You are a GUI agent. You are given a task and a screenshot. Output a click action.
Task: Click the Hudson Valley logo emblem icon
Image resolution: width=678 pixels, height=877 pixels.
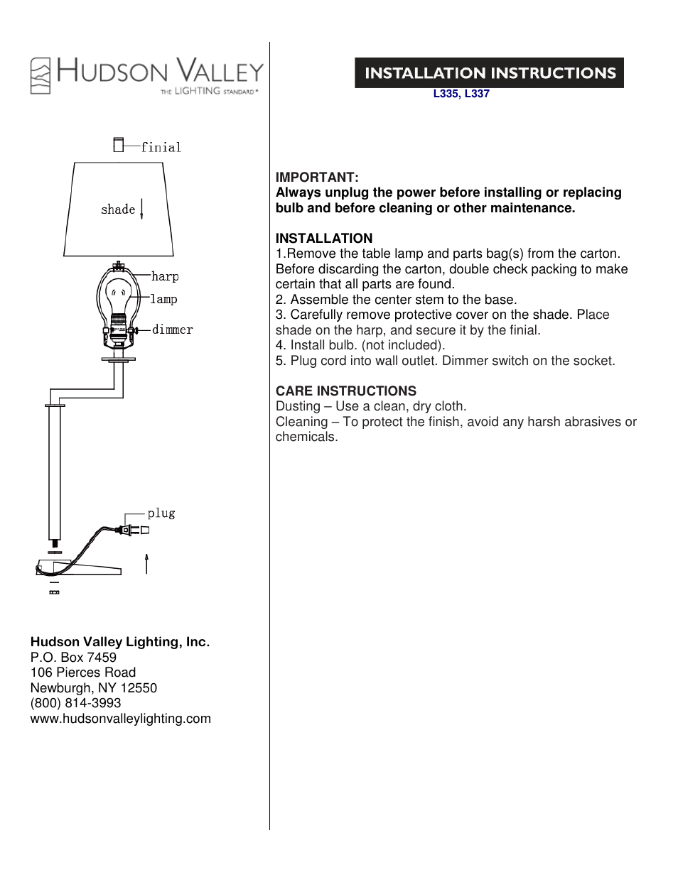click(x=41, y=76)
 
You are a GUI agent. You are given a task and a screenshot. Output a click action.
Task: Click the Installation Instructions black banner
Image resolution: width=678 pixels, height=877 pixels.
click(x=489, y=73)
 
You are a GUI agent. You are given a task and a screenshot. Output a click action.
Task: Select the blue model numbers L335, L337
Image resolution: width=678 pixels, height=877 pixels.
click(x=461, y=94)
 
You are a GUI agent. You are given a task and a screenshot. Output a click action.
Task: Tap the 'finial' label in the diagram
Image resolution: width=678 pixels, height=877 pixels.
click(x=161, y=148)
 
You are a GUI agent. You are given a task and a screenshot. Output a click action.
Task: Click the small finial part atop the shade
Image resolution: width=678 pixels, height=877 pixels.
click(x=119, y=145)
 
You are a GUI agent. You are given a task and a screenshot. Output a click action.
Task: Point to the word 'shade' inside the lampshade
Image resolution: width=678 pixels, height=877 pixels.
click(x=118, y=209)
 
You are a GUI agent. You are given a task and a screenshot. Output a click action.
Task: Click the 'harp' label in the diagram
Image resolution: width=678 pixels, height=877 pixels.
click(x=165, y=277)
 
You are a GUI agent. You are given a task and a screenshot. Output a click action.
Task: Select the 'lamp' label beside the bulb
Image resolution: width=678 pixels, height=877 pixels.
click(x=163, y=300)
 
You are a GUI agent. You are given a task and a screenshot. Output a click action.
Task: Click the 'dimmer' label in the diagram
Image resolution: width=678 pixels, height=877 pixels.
click(x=172, y=329)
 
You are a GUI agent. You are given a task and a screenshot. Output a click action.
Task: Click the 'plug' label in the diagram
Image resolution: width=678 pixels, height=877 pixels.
click(x=161, y=513)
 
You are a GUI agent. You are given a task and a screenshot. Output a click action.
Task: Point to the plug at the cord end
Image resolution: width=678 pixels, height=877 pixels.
click(x=135, y=530)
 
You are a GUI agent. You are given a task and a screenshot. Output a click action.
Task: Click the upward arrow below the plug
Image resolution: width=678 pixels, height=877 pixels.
click(x=146, y=564)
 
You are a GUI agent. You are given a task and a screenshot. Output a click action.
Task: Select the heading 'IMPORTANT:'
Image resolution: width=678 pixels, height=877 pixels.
click(x=317, y=178)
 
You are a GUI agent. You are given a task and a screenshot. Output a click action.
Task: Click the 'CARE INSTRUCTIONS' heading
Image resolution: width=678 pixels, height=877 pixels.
click(x=346, y=391)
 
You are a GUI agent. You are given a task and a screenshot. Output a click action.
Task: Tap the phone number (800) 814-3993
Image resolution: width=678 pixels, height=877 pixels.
click(x=76, y=703)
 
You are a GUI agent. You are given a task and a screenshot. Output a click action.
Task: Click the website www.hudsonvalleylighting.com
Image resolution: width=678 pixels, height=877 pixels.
click(x=121, y=719)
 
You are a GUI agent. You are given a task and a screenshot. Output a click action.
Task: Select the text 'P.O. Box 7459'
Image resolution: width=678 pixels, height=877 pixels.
click(x=73, y=658)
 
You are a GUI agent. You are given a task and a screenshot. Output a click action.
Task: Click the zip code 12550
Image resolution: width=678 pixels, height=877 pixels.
click(x=139, y=688)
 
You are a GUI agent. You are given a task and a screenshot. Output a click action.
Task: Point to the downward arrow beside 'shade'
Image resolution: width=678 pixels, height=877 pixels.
click(x=142, y=209)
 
